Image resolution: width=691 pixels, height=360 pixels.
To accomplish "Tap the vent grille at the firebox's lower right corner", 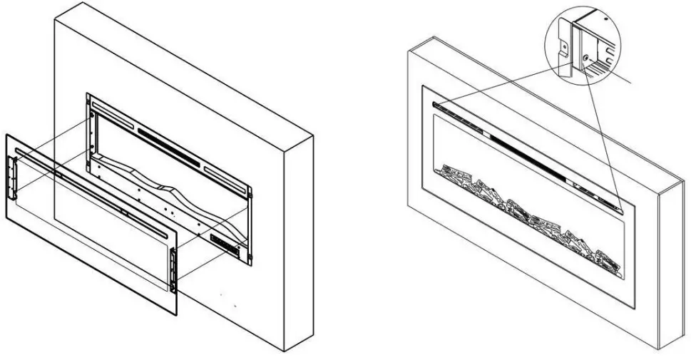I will (227, 245).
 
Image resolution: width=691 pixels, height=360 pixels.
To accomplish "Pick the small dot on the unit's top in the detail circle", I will (607, 14).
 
